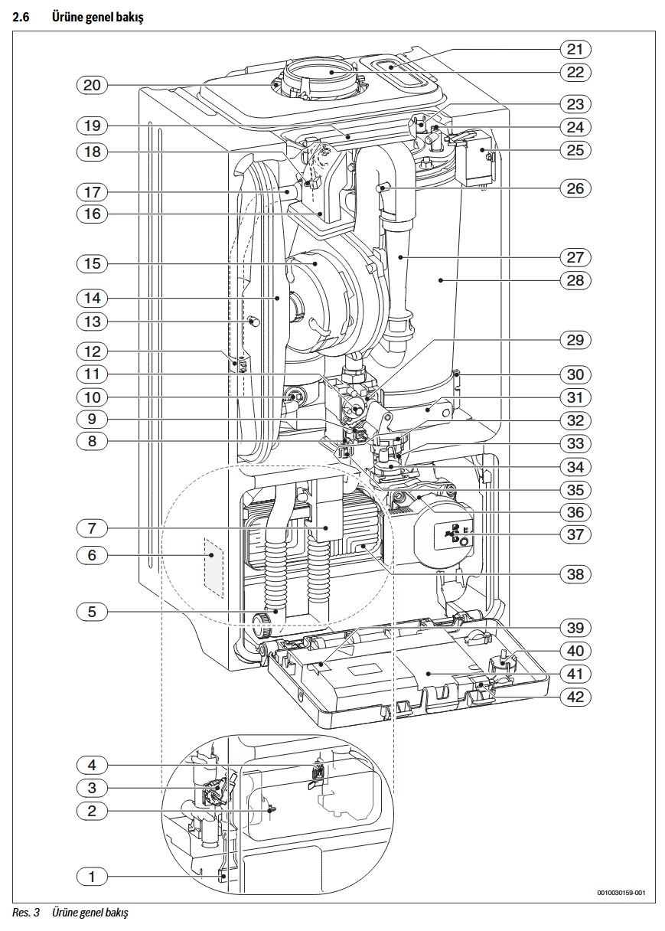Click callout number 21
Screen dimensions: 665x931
point(575,50)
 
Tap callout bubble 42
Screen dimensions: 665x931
point(575,697)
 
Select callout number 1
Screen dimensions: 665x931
point(92,877)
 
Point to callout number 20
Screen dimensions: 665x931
point(92,85)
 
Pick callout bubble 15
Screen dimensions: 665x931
point(92,263)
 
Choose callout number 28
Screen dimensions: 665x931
point(575,280)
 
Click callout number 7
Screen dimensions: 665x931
point(92,528)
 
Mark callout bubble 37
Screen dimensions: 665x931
point(575,534)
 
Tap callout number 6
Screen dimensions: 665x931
point(92,555)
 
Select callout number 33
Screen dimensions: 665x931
point(575,443)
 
